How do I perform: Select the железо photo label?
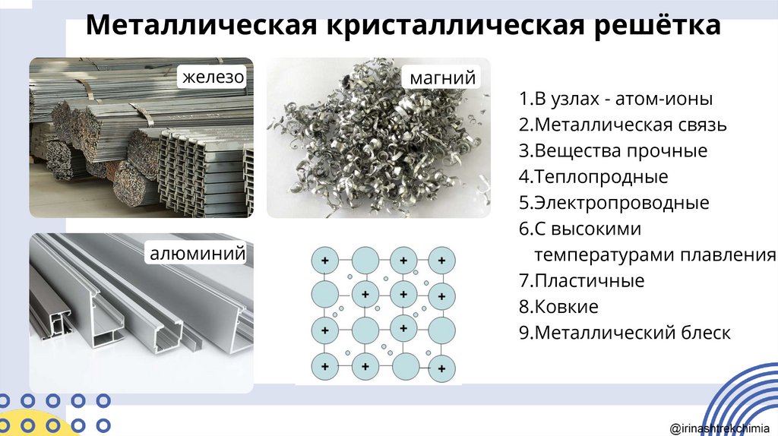(213, 77)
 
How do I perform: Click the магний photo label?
(443, 78)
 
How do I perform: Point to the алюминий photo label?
(198, 253)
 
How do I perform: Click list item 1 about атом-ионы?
(615, 99)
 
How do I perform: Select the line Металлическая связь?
(623, 125)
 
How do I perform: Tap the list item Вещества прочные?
(613, 151)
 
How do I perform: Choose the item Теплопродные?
(593, 176)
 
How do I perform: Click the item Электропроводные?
(614, 203)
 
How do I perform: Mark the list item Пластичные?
(581, 281)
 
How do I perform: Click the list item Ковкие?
(558, 307)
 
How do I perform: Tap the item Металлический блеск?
(625, 333)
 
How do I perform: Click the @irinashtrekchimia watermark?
(719, 428)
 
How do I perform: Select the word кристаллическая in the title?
(455, 25)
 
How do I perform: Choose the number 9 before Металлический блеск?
(524, 333)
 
